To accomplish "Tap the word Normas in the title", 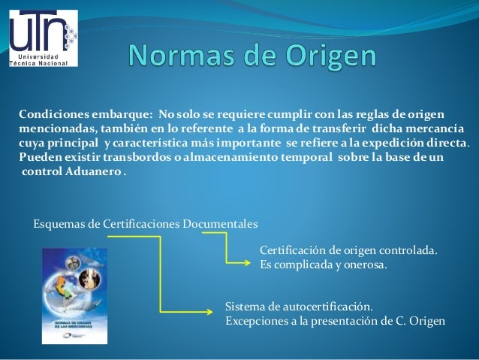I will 177,57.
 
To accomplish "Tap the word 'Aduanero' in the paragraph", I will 95,173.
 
